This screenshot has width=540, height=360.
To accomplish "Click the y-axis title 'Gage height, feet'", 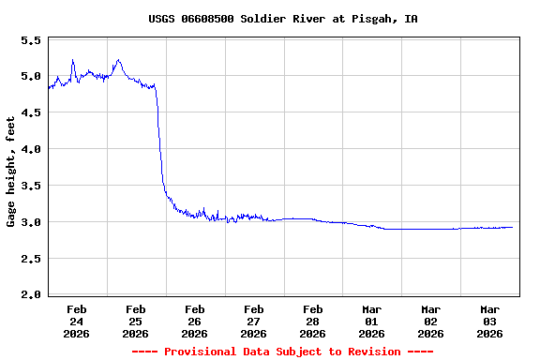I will pos(11,172).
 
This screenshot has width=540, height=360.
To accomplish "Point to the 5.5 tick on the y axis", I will pos(30,41).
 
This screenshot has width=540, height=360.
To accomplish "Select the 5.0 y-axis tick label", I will pos(30,77).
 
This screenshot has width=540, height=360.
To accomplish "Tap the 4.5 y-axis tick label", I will pos(30,113).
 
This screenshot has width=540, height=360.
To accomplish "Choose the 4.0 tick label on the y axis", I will pos(30,149).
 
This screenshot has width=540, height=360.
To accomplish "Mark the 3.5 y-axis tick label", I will pos(30,186).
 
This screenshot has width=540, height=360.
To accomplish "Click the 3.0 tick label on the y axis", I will pos(30,222).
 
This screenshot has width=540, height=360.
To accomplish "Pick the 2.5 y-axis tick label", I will pos(30,259).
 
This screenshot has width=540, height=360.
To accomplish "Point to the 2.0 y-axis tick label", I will pos(30,294).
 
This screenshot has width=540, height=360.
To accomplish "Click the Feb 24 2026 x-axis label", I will pos(77,321).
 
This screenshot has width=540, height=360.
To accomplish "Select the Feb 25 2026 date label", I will pos(136,321).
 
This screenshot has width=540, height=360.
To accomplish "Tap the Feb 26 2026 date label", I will pos(195,321).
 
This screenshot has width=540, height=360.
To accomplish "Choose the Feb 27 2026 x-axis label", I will pos(254,321).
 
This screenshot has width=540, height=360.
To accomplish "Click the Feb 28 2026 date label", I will pos(313,321).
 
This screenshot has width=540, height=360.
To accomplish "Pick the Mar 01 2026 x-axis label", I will pos(372,321).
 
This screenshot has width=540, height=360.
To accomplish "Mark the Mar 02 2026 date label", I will pos(431,321).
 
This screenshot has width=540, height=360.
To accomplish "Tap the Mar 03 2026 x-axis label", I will pos(490,321).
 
